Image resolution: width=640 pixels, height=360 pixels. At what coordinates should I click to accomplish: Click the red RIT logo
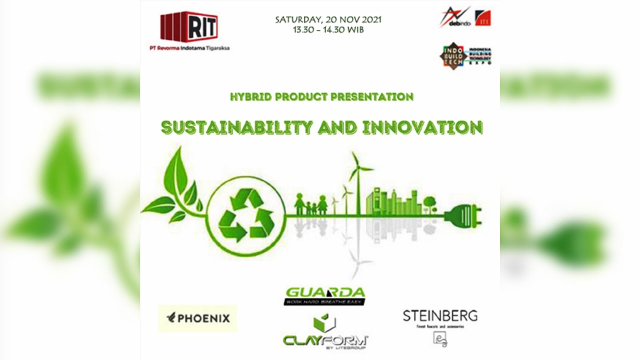(189, 26)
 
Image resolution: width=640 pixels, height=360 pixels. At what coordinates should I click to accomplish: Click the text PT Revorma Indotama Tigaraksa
(189, 48)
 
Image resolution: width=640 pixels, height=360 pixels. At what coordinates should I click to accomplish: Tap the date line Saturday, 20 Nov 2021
(328, 20)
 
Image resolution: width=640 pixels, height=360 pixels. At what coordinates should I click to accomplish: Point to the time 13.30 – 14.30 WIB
(328, 29)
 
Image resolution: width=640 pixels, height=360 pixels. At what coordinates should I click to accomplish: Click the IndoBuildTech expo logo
(465, 55)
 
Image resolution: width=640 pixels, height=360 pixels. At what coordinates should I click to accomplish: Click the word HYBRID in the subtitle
(247, 97)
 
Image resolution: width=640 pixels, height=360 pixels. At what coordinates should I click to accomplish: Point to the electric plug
(464, 215)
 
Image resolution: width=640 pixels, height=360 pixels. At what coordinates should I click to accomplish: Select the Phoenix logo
(197, 318)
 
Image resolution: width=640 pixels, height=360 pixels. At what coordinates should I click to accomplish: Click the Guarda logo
(324, 296)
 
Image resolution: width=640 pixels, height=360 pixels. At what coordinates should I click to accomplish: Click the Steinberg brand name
(440, 316)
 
